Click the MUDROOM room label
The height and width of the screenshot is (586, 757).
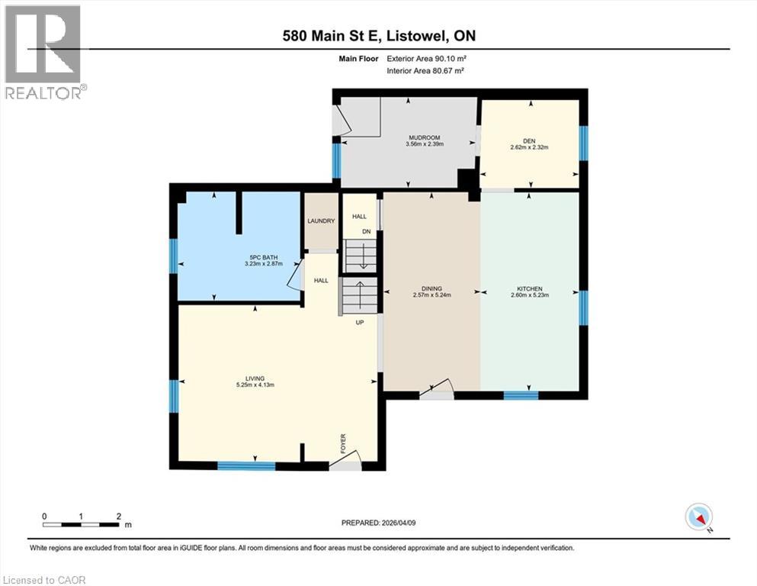pyautogui.click(x=425, y=137)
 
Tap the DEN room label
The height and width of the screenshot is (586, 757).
pyautogui.click(x=529, y=141)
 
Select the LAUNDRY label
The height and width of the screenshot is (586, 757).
pyautogui.click(x=321, y=221)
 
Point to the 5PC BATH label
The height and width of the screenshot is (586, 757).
pyautogui.click(x=264, y=257)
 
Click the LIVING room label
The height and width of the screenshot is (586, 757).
pyautogui.click(x=255, y=378)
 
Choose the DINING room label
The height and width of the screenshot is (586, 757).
pyautogui.click(x=431, y=288)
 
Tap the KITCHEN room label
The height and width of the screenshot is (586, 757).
pyautogui.click(x=530, y=288)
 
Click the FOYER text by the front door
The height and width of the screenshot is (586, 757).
pyautogui.click(x=343, y=443)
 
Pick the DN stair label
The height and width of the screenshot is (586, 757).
pyautogui.click(x=367, y=231)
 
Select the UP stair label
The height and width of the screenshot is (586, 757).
pyautogui.click(x=360, y=322)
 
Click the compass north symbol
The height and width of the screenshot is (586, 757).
pyautogui.click(x=699, y=517)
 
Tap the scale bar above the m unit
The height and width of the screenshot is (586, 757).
pyautogui.click(x=81, y=524)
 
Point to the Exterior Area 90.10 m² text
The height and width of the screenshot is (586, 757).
pyautogui.click(x=426, y=59)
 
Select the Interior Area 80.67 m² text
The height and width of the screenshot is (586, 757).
pyautogui.click(x=425, y=70)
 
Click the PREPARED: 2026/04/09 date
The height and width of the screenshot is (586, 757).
pyautogui.click(x=378, y=523)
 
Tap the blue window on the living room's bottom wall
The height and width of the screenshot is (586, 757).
pyautogui.click(x=246, y=466)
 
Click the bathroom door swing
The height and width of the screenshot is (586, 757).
pyautogui.click(x=294, y=273)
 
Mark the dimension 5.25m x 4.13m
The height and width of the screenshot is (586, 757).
pyautogui.click(x=255, y=385)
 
